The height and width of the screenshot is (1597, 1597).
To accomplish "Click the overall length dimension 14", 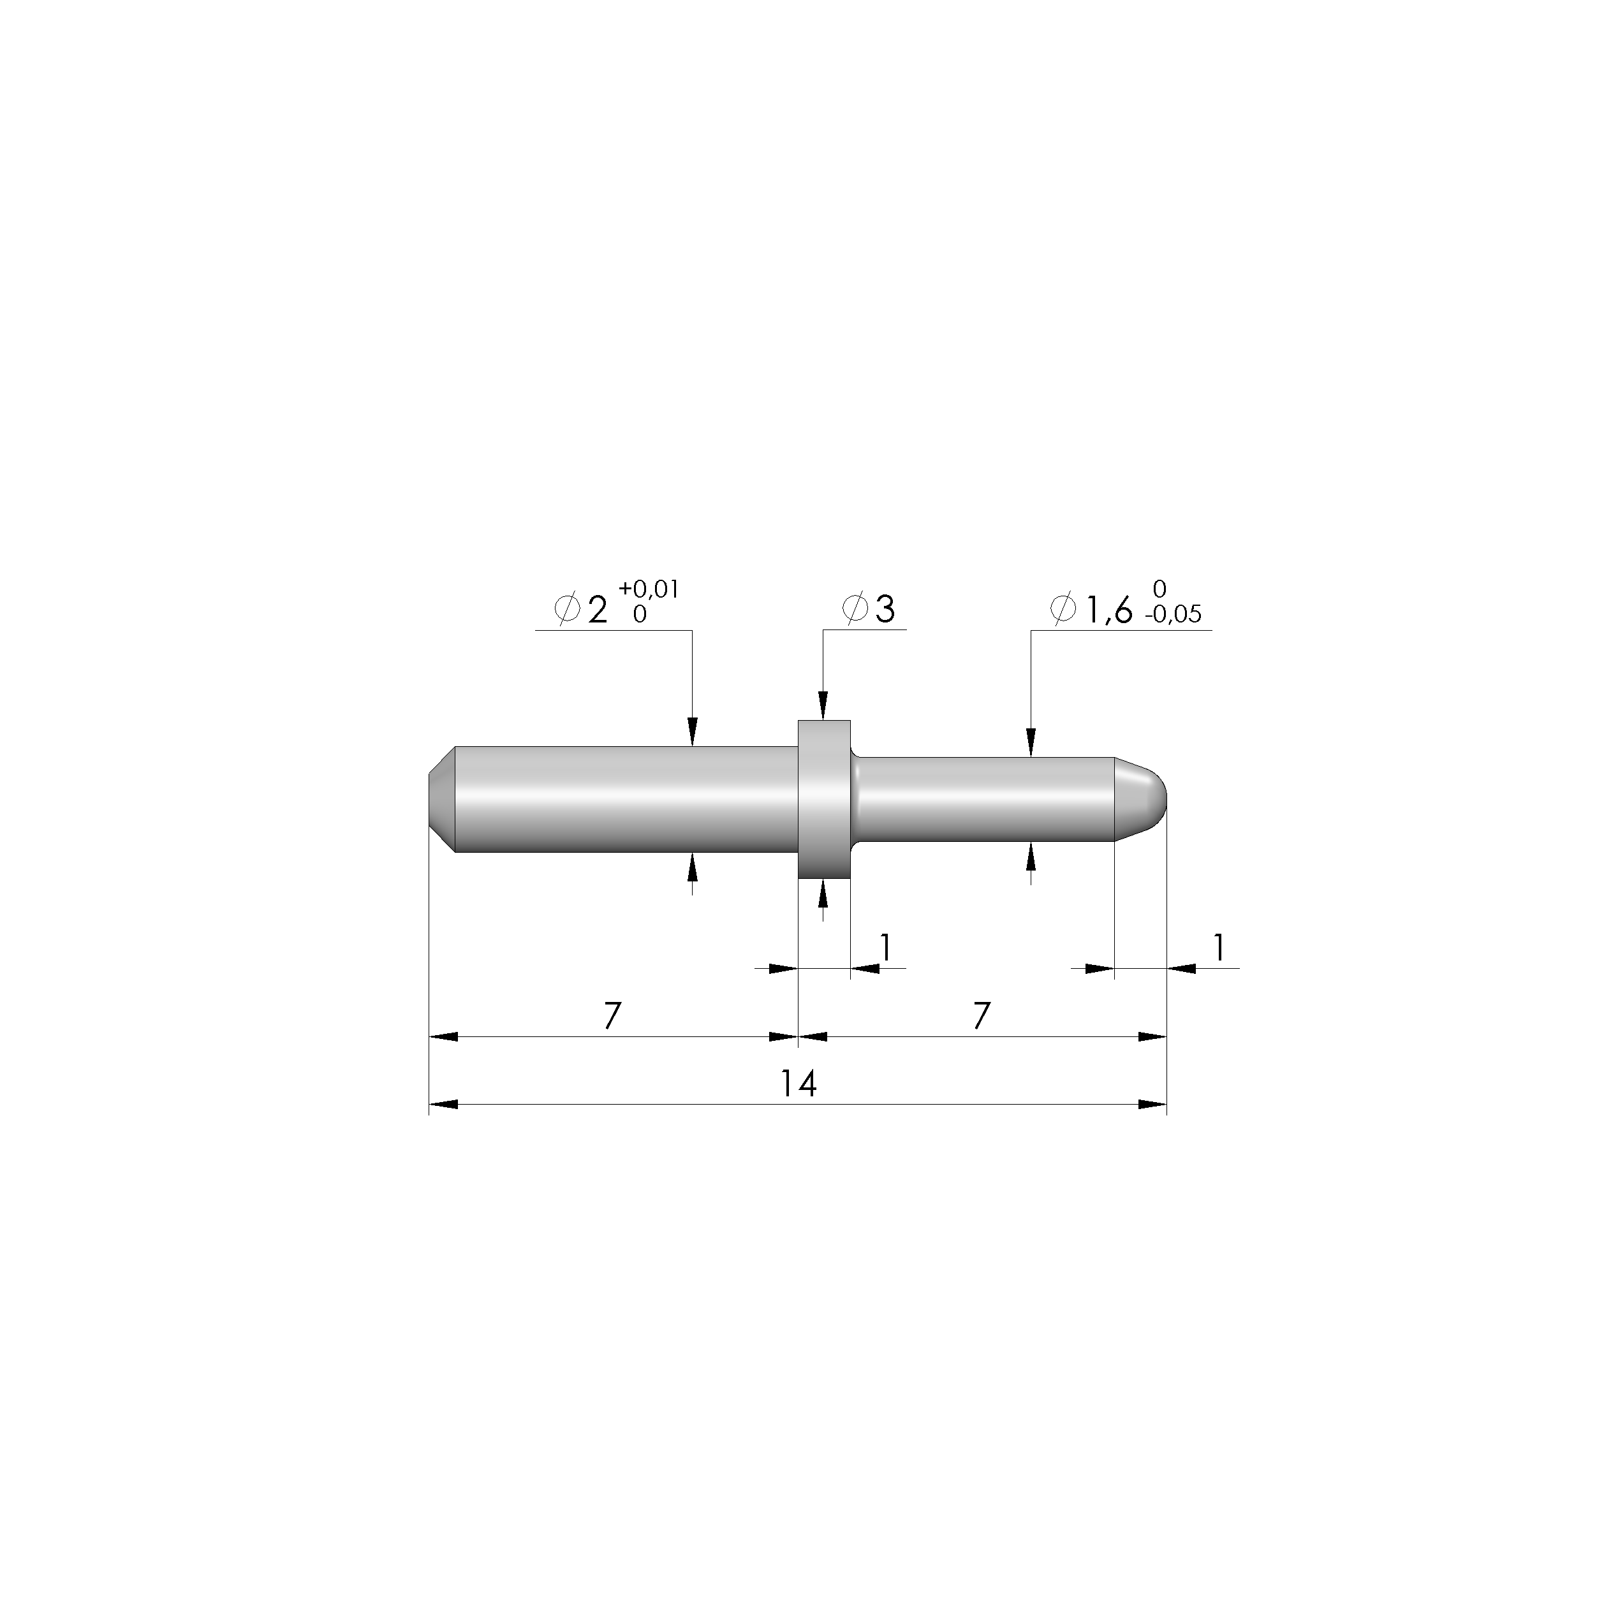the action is coord(799,1084).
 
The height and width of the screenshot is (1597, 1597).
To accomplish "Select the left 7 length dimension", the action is coord(612,1016).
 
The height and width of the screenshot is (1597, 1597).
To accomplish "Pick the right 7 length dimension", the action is coord(981,1016).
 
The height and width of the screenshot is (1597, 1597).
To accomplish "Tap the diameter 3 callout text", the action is coord(868,609).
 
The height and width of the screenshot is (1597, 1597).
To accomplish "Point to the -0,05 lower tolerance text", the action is coord(1173,614).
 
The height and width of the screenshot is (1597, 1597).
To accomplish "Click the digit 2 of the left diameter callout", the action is coord(597,611).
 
